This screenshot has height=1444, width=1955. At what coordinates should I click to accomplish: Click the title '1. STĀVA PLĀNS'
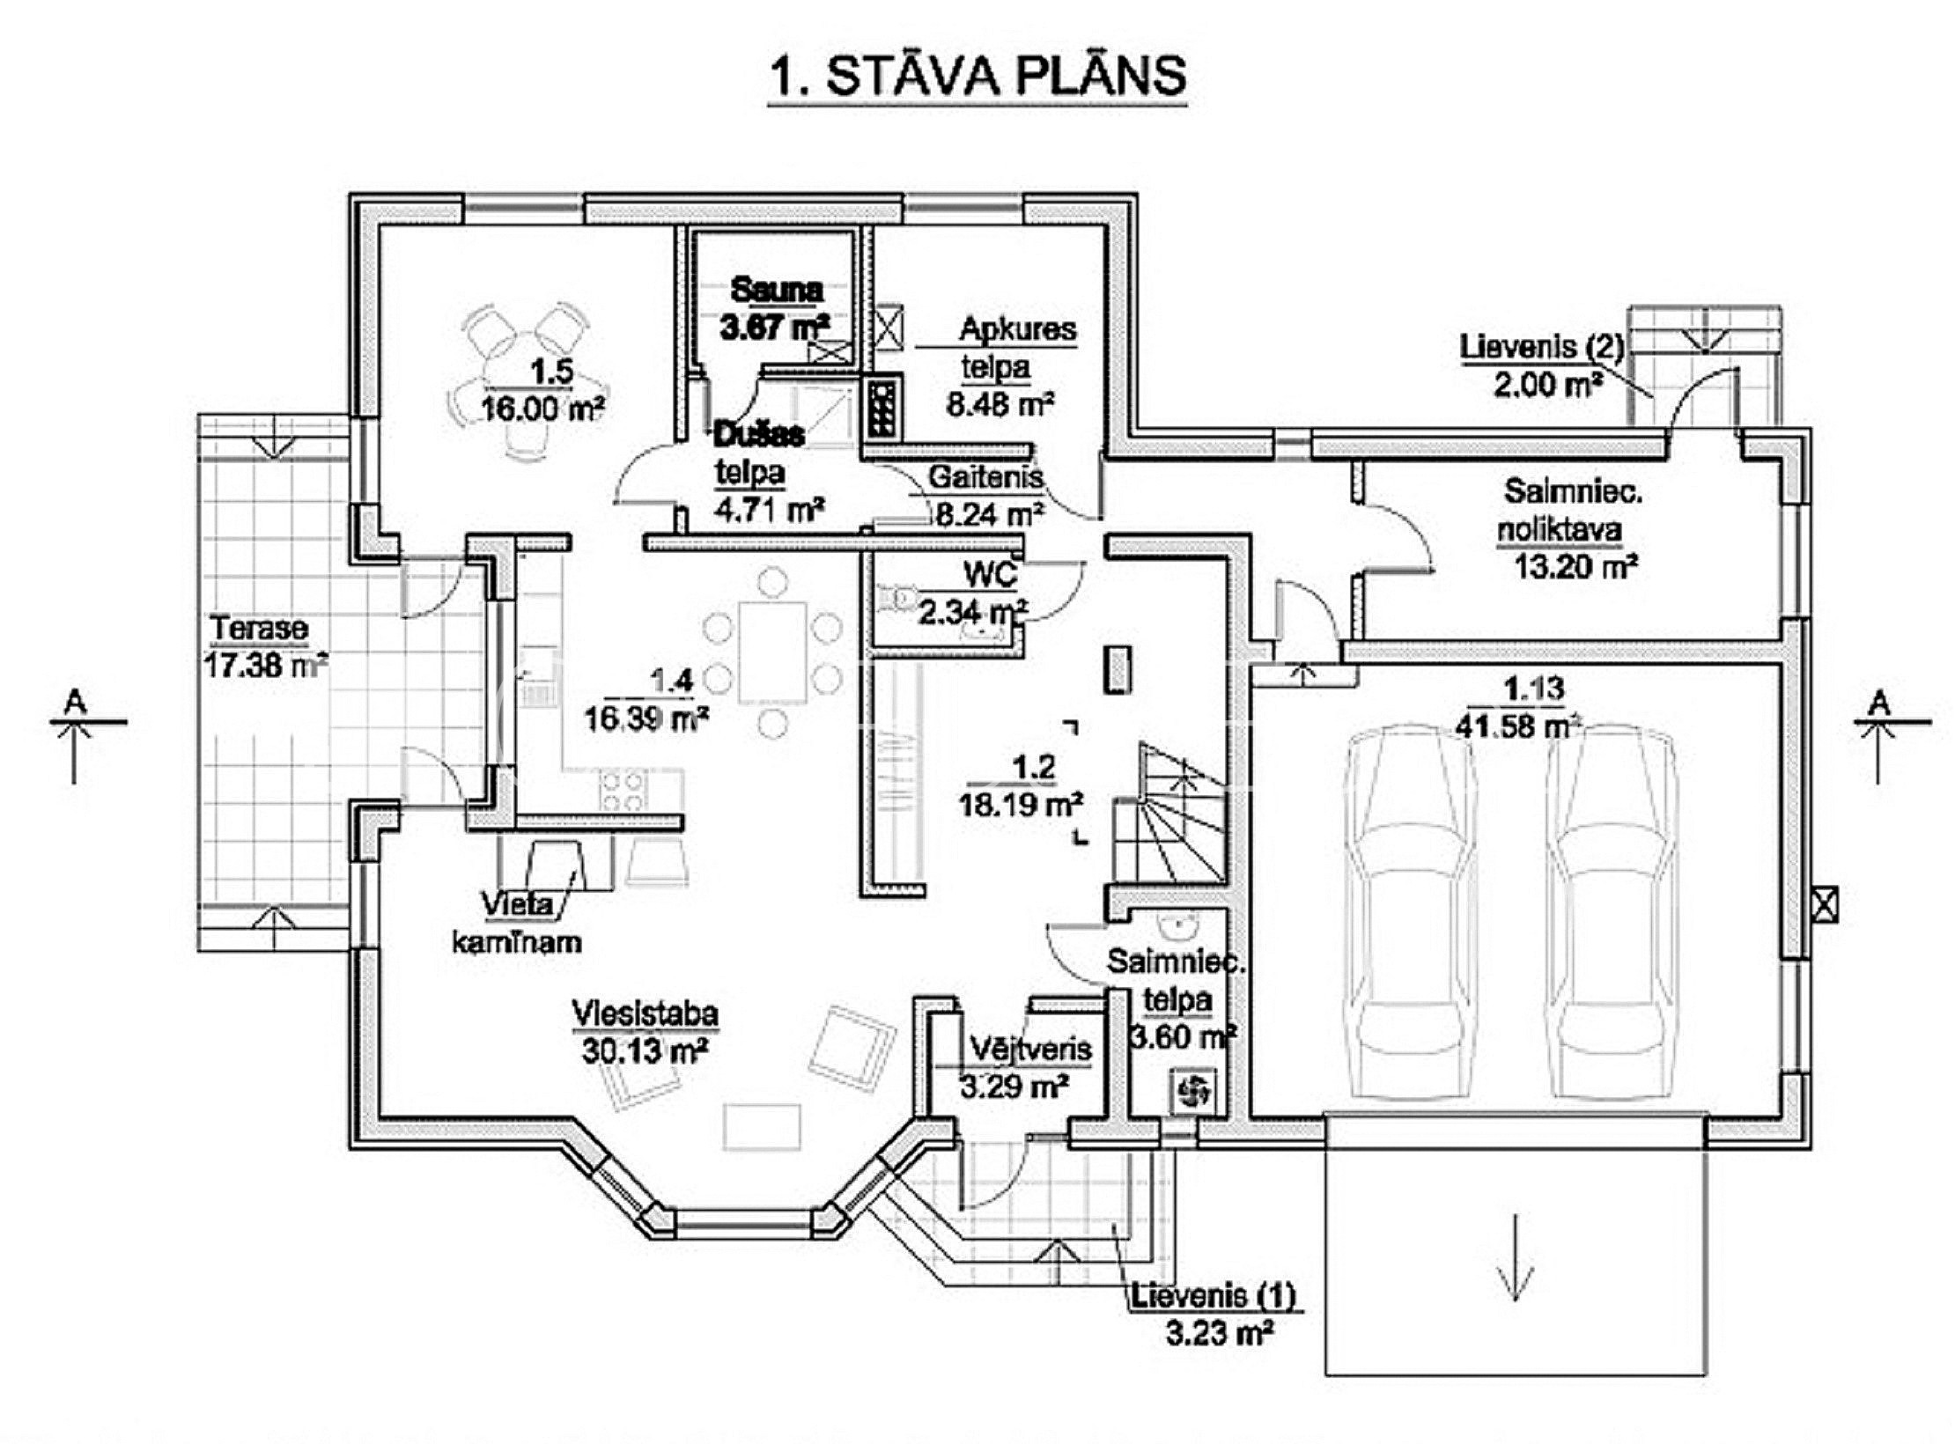coord(977,77)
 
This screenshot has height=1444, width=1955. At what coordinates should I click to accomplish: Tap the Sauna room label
coord(777,291)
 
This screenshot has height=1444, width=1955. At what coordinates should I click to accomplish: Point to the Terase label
coord(259,629)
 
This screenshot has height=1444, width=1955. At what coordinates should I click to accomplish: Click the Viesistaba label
coord(645,1013)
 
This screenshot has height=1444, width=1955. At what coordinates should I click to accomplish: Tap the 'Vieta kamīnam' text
coord(517,924)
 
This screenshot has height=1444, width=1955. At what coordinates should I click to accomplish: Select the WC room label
coord(991,576)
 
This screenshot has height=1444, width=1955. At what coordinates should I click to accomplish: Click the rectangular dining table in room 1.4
coord(772,652)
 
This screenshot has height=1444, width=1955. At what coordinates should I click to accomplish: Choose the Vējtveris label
coord(1030,1050)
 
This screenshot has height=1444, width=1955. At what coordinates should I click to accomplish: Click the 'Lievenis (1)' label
coord(1214,1296)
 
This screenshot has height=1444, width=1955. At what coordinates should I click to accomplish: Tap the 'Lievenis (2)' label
coord(1541,346)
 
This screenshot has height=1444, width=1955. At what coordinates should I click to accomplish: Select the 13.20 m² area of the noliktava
coord(1575,566)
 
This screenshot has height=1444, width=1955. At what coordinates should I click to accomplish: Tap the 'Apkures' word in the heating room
coord(1017,329)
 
